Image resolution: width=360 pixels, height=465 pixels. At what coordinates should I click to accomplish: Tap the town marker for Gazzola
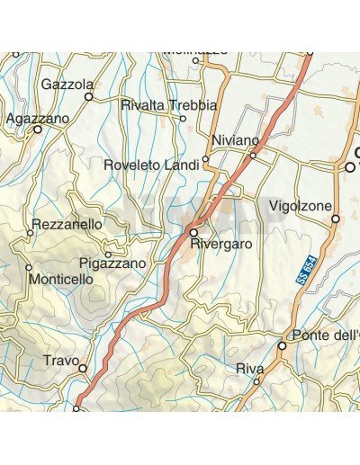[89, 95]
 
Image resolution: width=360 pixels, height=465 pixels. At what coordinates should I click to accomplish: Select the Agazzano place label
[36, 118]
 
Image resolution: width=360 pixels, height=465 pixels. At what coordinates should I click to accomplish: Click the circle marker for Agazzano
[38, 130]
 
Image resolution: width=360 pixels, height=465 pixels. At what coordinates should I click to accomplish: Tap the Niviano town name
[235, 140]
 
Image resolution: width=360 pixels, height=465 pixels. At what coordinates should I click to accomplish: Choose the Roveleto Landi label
[152, 165]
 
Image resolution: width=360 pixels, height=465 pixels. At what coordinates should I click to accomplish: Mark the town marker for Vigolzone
[335, 219]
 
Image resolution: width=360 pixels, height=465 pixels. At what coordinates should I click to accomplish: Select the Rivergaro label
[220, 244]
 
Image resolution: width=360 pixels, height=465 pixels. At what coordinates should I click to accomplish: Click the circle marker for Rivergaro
[193, 232]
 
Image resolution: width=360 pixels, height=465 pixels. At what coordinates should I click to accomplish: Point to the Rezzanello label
[67, 223]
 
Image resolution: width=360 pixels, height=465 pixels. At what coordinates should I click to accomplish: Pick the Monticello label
[60, 280]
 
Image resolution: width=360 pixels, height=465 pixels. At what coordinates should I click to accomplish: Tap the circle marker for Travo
[83, 368]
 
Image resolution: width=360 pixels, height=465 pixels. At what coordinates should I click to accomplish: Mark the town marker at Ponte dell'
[282, 345]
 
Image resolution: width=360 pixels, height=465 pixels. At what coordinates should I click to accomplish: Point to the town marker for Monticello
[29, 267]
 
